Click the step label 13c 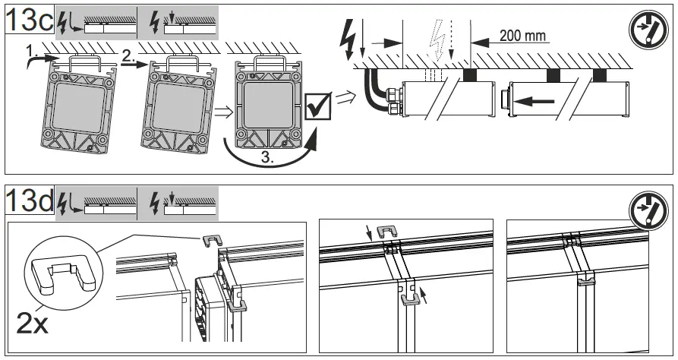tap(28, 20)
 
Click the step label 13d tap(28, 201)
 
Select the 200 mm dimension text tap(523, 36)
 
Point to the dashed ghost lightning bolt tap(438, 46)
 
